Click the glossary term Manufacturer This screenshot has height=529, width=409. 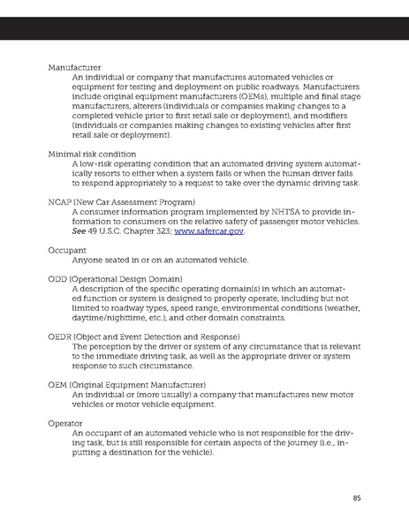73,67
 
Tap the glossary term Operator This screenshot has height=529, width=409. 66,423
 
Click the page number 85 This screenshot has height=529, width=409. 357,498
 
